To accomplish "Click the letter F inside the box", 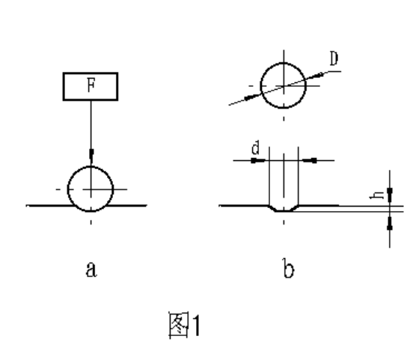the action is [x=91, y=85].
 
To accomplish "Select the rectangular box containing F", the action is [x=91, y=86].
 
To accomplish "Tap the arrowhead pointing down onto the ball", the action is [x=91, y=155].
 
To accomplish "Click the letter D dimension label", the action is [x=334, y=58].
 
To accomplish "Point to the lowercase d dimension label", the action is [x=256, y=147].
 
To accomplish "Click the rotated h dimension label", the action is [x=377, y=195].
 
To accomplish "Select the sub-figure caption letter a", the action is [x=91, y=269].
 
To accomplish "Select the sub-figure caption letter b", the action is [x=288, y=268].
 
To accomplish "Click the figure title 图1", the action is [x=184, y=324].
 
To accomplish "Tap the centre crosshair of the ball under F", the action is [x=91, y=189].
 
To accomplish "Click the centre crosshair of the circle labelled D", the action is [x=284, y=85].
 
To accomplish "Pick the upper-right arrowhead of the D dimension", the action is [x=316, y=76].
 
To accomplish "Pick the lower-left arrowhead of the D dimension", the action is [x=252, y=97].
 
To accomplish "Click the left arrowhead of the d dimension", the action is [x=258, y=160].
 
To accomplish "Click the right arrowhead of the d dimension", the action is [x=310, y=160].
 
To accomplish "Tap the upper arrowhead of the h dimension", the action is [x=390, y=195].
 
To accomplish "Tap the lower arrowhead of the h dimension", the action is [x=390, y=223].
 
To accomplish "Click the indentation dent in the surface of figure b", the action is [x=284, y=208].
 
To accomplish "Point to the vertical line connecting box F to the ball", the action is [x=91, y=125].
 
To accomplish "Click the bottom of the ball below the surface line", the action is [x=91, y=211].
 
